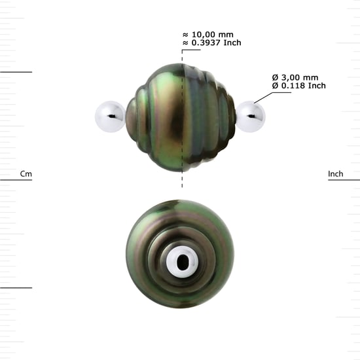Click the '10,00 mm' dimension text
coord(213,35)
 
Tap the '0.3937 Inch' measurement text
coord(216,43)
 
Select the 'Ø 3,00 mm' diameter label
coord(295,78)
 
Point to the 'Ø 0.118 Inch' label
coord(299,86)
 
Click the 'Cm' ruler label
coord(26,174)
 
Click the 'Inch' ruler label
coord(336,174)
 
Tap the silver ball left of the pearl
coord(110,117)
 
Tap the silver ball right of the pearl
coord(251,117)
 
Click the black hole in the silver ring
coord(183,262)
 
